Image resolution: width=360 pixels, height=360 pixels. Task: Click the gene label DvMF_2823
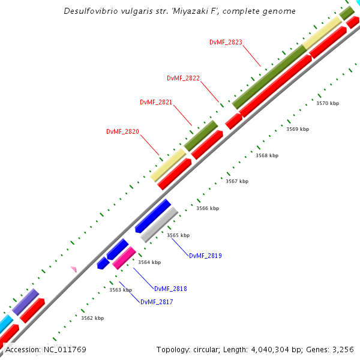pos(226,42)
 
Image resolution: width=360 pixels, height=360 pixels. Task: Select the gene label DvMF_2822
pos(183,78)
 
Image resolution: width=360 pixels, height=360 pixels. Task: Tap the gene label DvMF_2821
pos(156,102)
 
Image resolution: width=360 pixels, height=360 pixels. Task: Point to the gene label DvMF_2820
pos(122,131)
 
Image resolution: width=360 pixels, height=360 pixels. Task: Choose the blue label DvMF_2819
pos(205,256)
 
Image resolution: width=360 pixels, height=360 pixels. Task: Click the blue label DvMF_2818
pos(170,289)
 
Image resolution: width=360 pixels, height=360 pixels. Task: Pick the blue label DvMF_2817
pos(157,302)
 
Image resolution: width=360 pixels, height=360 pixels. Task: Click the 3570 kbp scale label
pos(328,103)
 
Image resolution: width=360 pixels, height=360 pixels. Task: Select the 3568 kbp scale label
pos(267,155)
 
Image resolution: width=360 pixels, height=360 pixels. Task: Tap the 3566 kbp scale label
pos(208,208)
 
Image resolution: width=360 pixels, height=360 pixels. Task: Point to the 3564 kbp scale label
pos(149,262)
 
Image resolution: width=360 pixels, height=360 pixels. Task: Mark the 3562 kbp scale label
pos(92,318)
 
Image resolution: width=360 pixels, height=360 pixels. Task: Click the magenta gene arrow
pos(124,258)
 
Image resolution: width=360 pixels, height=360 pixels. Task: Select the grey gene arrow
pos(159,224)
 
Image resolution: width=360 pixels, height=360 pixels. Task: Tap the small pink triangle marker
pos(74,269)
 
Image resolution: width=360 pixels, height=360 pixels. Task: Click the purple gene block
pos(26,302)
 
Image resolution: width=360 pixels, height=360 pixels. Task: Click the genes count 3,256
pos(343,349)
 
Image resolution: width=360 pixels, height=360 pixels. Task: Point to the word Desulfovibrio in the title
pos(91,11)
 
